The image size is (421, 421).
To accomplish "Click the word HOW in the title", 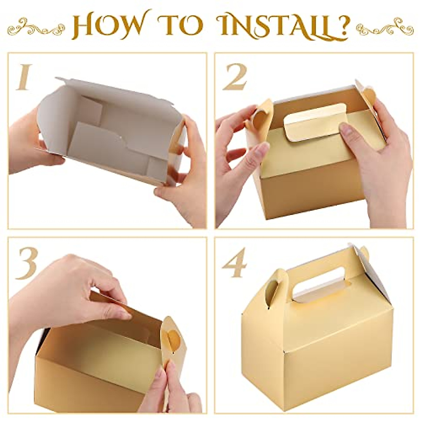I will click(x=104, y=26).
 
